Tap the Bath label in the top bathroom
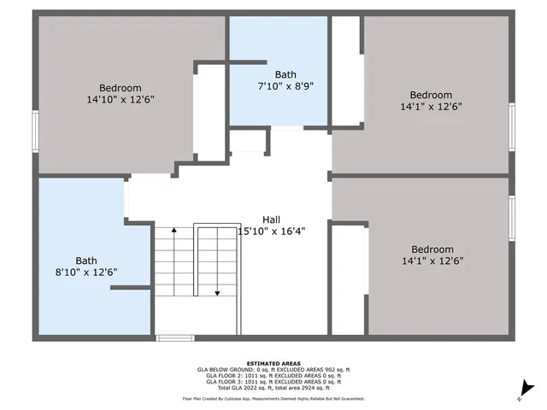[284, 74]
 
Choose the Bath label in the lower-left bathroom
[86, 261]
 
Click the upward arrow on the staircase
[174, 232]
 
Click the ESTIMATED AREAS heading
[273, 363]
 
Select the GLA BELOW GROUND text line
[273, 369]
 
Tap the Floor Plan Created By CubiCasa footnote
[273, 398]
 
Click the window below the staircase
[175, 338]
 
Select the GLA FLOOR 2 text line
[273, 375]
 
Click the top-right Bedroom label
[431, 95]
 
